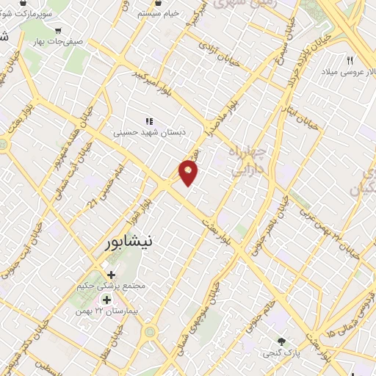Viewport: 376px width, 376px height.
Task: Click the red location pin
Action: click(x=189, y=173)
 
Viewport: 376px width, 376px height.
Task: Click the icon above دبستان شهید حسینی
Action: click(x=149, y=120)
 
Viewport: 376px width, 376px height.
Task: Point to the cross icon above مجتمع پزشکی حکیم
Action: click(x=111, y=275)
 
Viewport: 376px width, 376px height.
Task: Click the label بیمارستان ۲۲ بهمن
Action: click(x=106, y=311)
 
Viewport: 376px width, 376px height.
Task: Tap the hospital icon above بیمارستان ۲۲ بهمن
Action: click(x=106, y=300)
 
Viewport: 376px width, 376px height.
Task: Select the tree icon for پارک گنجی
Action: click(x=281, y=341)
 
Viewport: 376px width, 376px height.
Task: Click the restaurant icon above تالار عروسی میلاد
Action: click(x=350, y=60)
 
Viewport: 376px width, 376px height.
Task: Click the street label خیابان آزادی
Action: click(x=220, y=52)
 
